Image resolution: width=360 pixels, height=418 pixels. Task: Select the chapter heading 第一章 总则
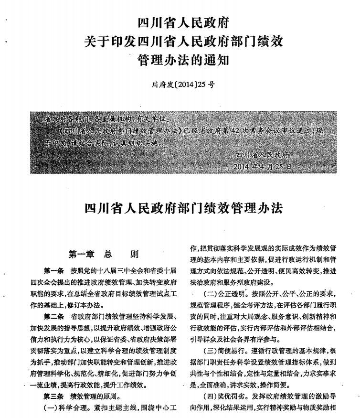click(x=103, y=254)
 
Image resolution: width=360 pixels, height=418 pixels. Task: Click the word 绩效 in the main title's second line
click(x=267, y=42)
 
